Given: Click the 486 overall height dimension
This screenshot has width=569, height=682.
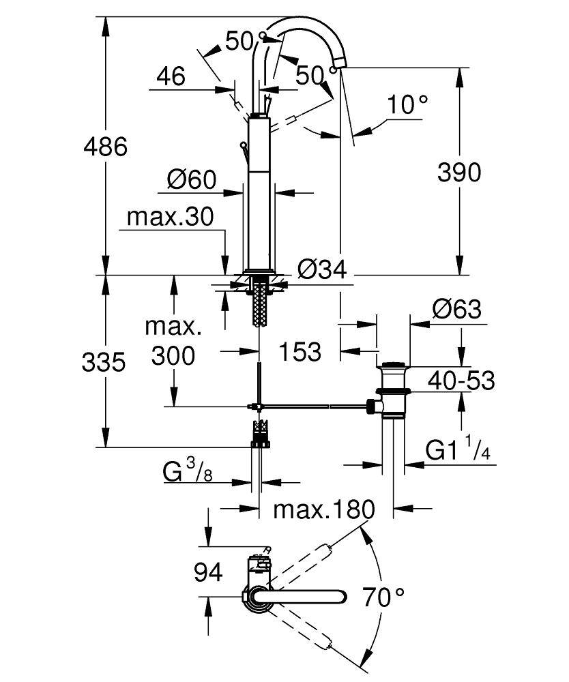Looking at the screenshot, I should pos(104,146).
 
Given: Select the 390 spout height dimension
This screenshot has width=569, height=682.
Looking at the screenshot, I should pos(459,172).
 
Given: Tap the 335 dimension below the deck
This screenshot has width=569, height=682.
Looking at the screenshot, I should pos(104,362).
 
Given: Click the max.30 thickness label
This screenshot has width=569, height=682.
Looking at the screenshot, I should pos(171,218).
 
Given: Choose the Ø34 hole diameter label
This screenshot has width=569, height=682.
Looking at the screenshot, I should pos(323,270).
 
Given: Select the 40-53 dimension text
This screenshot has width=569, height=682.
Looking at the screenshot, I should pos(461,380).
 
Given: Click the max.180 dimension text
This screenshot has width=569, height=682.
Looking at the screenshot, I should pos(325,509).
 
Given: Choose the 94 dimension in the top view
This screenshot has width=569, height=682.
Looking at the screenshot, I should pos(208,573).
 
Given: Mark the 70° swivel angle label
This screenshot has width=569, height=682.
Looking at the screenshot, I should pos(383,597).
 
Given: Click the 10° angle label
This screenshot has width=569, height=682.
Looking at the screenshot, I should pos(407,104).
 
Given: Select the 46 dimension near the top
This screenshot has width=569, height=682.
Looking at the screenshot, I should pos(170,76).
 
